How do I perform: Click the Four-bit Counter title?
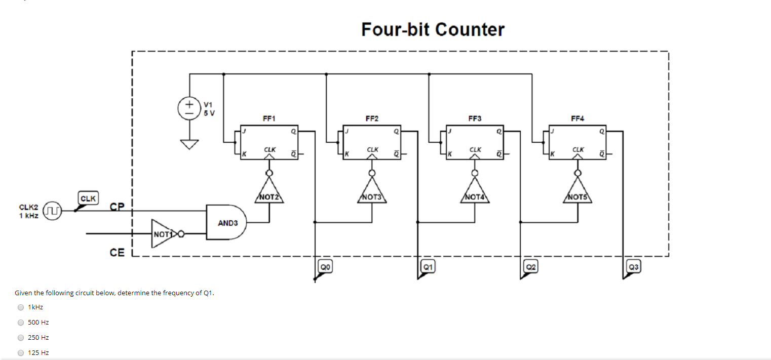(433, 29)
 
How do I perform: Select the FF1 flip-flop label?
(268, 118)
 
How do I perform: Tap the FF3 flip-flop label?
(475, 118)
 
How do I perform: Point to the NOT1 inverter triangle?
(163, 234)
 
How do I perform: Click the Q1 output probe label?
(428, 266)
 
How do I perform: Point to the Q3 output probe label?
(633, 266)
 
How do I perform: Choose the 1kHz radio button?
(21, 307)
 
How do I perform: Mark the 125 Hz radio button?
(21, 353)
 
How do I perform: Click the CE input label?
(117, 252)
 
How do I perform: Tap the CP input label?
(117, 207)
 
